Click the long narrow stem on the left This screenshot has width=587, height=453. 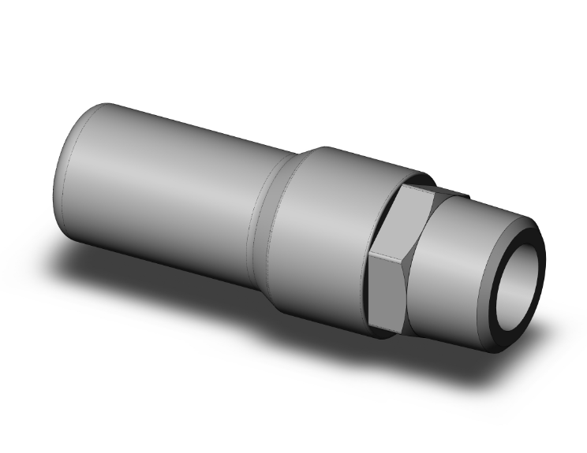[x=174, y=189]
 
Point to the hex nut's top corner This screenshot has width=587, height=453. [x=406, y=188]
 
